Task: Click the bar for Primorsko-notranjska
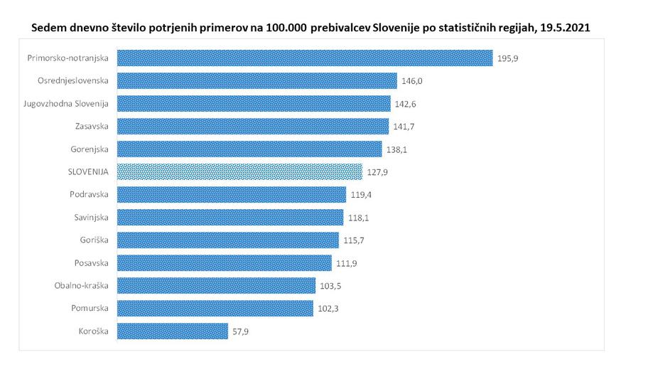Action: point(304,58)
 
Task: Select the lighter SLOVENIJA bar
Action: point(239,171)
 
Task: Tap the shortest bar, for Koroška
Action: point(172,331)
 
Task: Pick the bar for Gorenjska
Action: point(249,149)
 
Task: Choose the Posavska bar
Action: point(224,262)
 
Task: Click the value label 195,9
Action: point(509,58)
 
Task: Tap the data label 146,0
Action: point(412,81)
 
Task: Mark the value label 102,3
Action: point(328,309)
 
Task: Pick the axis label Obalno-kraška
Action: point(82,285)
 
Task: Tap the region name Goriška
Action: point(94,240)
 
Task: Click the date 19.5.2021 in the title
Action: point(566,26)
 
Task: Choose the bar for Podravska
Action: point(231,194)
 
